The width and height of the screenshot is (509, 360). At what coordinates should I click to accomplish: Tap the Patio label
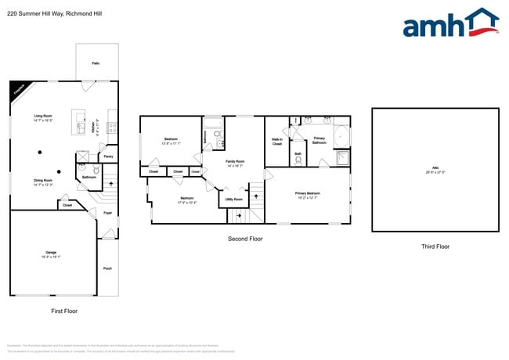click(x=96, y=63)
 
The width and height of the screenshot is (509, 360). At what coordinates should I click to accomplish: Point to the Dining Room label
click(x=42, y=183)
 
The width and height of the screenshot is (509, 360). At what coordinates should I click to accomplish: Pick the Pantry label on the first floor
click(x=108, y=157)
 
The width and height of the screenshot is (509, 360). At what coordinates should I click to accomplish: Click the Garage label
click(x=51, y=254)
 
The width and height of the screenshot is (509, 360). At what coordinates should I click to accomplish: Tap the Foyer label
click(x=107, y=212)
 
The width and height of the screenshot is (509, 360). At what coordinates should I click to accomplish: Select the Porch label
click(x=107, y=268)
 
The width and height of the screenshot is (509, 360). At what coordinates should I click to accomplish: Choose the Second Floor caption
click(x=244, y=238)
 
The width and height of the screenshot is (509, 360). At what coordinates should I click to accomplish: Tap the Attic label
click(x=435, y=170)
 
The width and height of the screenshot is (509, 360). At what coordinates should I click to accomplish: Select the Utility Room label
click(x=234, y=200)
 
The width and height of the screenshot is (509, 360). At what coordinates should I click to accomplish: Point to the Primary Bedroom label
click(x=307, y=194)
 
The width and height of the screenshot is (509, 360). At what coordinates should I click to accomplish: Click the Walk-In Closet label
click(x=277, y=142)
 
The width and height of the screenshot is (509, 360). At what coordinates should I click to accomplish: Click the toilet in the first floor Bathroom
click(x=96, y=169)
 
